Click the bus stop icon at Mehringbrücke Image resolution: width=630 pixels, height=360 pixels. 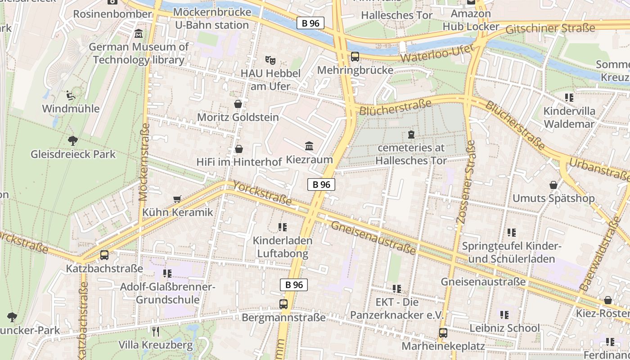(x=355, y=57)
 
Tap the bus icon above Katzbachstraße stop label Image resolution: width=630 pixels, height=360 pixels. (x=104, y=255)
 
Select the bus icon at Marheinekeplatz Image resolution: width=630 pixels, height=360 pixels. (x=443, y=333)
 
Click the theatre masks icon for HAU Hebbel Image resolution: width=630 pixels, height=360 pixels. (x=270, y=59)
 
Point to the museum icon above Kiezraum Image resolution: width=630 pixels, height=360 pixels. (x=309, y=146)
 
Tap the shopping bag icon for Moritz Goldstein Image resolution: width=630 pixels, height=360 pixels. (x=238, y=104)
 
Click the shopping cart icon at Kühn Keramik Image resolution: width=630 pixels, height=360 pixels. (x=177, y=199)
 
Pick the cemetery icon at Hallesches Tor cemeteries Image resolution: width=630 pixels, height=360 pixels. (x=410, y=134)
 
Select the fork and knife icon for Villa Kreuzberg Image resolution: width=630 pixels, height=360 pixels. (x=156, y=332)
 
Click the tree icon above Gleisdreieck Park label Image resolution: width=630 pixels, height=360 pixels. (x=72, y=141)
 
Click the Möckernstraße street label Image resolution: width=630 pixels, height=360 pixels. (x=144, y=162)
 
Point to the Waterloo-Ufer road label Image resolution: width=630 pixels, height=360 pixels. (x=437, y=54)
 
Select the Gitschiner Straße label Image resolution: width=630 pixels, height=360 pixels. (x=550, y=29)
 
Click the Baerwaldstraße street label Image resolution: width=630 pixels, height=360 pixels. (x=600, y=254)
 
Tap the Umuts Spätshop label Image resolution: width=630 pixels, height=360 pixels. (x=553, y=198)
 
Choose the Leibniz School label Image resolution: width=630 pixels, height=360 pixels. (x=504, y=328)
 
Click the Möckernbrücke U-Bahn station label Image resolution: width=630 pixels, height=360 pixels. (x=212, y=18)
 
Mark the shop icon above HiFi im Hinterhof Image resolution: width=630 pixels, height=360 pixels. (x=239, y=148)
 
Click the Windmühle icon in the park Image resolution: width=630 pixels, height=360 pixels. (x=71, y=95)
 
